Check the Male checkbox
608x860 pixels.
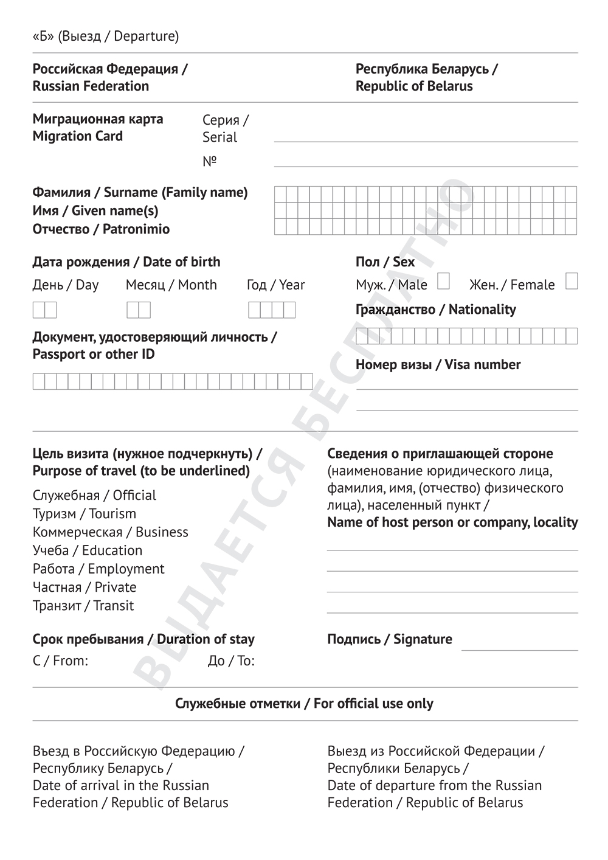click(x=443, y=281)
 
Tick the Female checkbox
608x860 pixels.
click(x=571, y=281)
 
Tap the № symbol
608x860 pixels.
click(x=210, y=161)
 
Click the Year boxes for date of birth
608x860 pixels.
click(x=272, y=310)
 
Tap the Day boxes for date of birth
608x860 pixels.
click(x=44, y=310)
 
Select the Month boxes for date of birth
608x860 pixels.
click(x=139, y=310)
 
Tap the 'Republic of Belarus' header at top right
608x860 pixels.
click(x=414, y=86)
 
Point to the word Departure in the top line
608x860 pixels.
click(x=146, y=36)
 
